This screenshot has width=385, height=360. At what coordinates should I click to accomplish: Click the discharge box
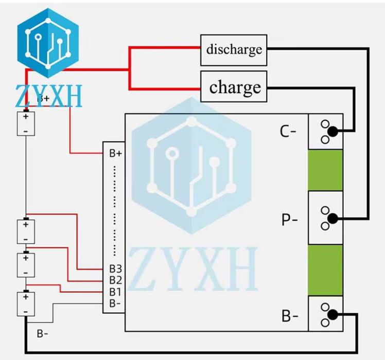tap(234, 50)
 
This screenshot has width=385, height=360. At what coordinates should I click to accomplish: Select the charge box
tap(234, 87)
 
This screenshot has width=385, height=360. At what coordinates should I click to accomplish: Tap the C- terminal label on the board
tap(288, 132)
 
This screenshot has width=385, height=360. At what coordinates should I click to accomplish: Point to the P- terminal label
tap(289, 220)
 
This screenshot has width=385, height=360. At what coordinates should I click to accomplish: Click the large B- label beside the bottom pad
tap(289, 316)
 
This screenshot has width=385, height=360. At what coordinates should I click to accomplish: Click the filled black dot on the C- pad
tap(333, 132)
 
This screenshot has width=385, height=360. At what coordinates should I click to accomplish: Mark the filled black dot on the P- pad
tap(333, 219)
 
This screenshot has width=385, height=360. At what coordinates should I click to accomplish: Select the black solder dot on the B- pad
tap(333, 315)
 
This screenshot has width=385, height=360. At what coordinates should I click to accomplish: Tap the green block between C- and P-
tap(325, 170)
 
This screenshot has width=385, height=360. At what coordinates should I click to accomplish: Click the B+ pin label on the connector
tap(116, 153)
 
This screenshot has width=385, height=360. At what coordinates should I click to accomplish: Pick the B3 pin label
tap(115, 269)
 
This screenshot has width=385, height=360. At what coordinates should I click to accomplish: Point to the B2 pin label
tap(115, 280)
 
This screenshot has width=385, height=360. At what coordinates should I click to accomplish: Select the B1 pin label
tap(115, 292)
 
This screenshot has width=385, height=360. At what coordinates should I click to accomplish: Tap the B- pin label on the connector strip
tap(115, 303)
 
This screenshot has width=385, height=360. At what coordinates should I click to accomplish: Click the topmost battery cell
tap(26, 124)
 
